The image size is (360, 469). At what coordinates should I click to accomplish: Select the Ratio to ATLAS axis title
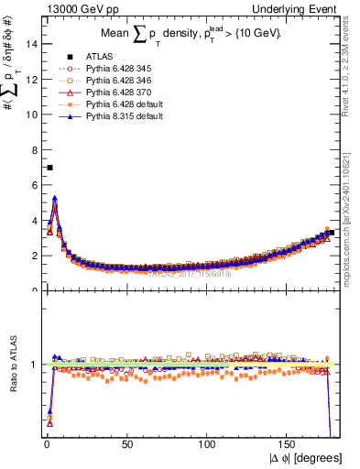click(x=13, y=364)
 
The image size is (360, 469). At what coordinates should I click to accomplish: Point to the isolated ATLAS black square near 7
click(x=49, y=168)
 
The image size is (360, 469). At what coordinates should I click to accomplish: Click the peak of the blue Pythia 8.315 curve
click(x=55, y=197)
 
